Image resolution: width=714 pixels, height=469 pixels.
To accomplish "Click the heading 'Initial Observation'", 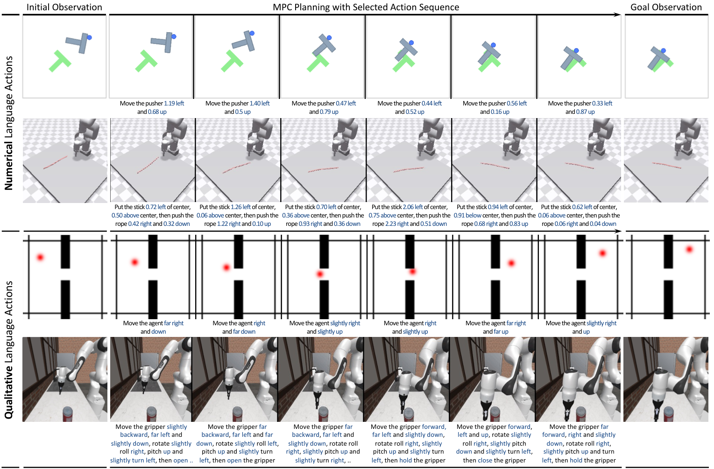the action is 64,7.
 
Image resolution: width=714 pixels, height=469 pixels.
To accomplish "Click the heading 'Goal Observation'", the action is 666,7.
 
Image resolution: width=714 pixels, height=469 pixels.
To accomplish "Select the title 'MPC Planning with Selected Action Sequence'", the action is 366,7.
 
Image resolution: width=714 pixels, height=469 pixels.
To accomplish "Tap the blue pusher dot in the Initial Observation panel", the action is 89,37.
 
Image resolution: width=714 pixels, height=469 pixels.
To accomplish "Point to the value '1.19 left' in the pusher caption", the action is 174,103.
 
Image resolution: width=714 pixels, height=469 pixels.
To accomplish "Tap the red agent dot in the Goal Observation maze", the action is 689,249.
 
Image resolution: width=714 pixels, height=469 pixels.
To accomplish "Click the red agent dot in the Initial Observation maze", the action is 40,257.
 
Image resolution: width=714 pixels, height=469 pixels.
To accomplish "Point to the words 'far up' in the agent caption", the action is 501,332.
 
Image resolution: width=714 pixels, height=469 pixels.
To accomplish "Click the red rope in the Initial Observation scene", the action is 55,162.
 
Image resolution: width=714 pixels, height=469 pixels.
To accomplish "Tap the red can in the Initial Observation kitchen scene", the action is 67,414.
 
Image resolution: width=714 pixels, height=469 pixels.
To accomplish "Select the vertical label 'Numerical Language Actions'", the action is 8,123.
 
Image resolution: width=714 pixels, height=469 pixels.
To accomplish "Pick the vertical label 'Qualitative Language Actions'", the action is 8,350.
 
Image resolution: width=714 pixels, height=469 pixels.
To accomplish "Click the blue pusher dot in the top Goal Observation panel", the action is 663,51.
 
